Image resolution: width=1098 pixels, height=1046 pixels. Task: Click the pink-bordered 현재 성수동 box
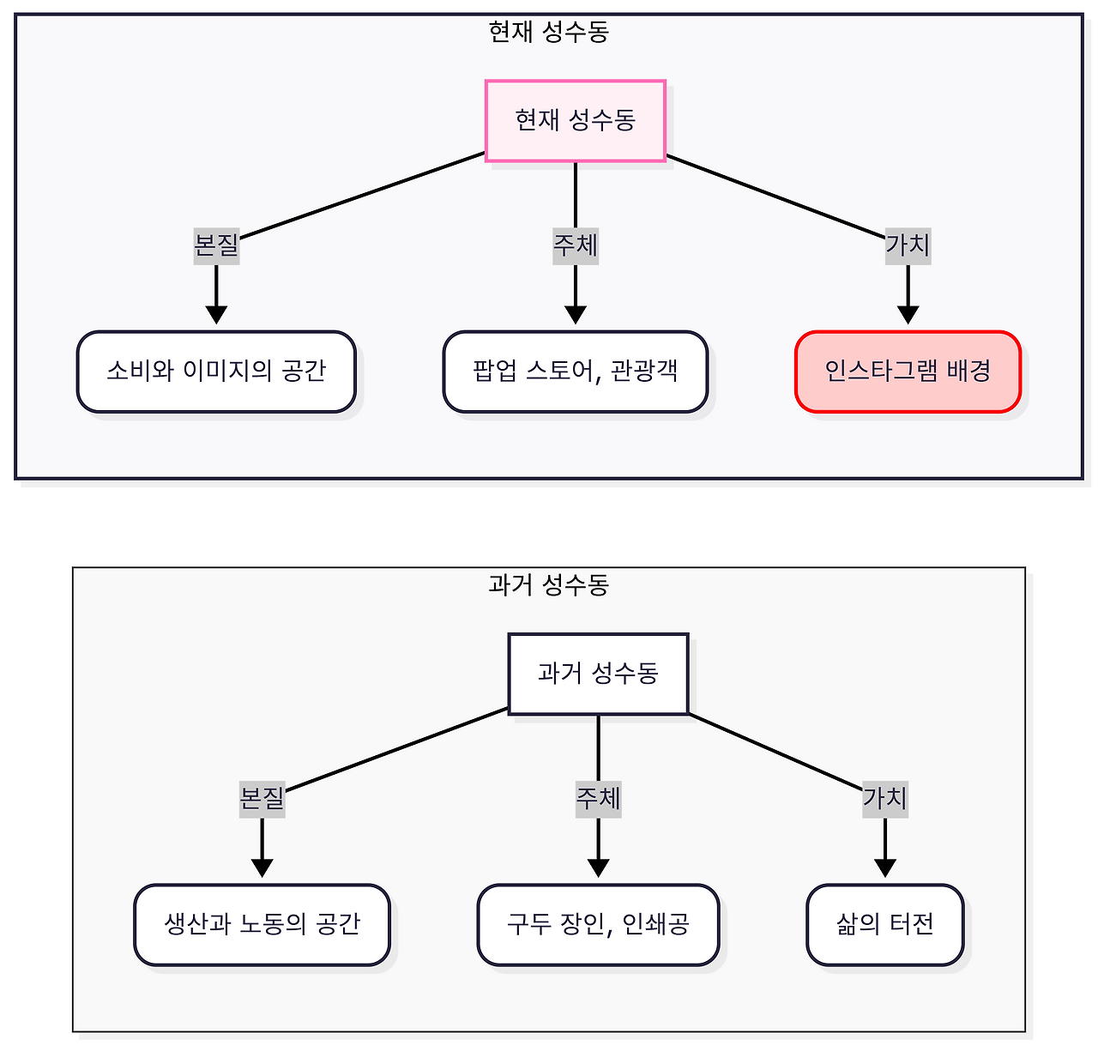pos(575,120)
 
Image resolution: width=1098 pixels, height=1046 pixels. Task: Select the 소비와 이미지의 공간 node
pos(216,372)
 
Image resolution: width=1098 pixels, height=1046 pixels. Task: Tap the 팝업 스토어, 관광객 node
pos(575,372)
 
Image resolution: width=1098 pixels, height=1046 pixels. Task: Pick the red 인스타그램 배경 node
pos(908,372)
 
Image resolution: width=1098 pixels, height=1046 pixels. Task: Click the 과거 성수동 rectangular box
pos(598,674)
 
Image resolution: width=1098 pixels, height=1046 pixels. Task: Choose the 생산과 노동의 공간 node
pos(262,924)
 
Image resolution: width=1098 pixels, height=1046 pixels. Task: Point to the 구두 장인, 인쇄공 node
pos(598,924)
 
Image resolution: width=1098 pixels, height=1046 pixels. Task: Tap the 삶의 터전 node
pos(884,924)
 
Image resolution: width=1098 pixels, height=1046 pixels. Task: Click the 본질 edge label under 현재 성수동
pos(216,246)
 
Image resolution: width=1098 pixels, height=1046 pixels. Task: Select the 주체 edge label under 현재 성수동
pos(575,246)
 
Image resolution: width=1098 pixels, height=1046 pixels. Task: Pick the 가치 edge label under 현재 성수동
pos(908,246)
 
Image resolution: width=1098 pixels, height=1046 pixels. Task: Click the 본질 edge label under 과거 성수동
pos(262,799)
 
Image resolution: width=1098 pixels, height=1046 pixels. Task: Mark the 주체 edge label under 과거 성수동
pos(598,799)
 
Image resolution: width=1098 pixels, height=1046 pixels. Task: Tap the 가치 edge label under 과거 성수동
pos(884,799)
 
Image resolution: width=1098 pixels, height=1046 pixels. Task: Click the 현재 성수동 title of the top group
pos(548,33)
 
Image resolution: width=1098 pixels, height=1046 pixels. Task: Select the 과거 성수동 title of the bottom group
pos(548,585)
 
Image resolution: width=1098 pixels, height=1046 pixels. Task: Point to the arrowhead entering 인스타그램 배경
pos(908,315)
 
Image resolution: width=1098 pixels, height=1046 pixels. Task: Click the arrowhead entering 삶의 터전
pos(884,868)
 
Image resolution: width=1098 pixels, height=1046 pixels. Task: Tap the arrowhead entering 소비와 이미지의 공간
pos(216,315)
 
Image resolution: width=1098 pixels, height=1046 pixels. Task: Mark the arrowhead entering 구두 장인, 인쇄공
pos(598,868)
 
